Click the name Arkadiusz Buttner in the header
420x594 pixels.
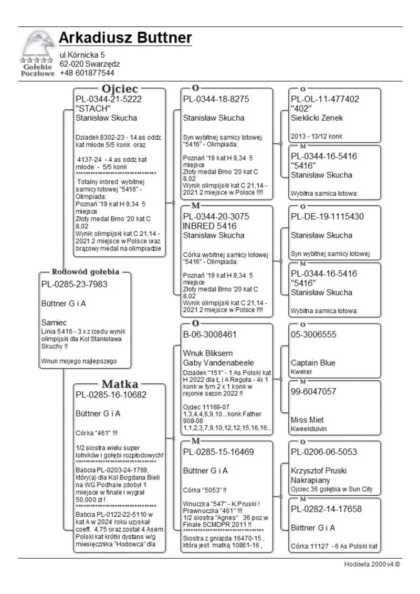(x=125, y=38)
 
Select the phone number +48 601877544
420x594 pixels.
(x=87, y=73)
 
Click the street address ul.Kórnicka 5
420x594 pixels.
(x=82, y=55)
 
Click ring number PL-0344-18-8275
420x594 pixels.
(x=216, y=99)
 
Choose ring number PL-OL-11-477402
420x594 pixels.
(x=325, y=99)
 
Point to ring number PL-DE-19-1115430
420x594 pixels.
(x=327, y=216)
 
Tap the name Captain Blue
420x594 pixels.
(x=313, y=363)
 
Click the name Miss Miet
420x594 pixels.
(x=307, y=420)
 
